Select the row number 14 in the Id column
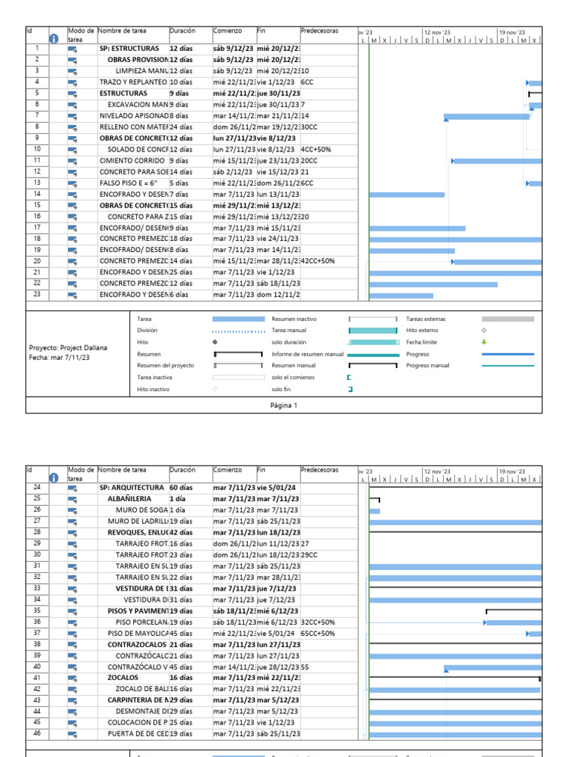click(36, 194)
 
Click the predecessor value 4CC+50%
click(316, 149)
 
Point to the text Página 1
click(284, 405)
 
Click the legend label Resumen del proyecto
click(165, 366)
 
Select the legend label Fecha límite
click(421, 342)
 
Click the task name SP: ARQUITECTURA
click(131, 488)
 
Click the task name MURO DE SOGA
click(141, 510)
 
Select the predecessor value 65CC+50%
click(318, 633)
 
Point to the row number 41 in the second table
click(36, 677)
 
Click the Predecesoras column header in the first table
click(319, 31)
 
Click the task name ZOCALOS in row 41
click(123, 677)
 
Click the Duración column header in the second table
click(183, 469)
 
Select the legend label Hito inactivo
click(154, 389)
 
